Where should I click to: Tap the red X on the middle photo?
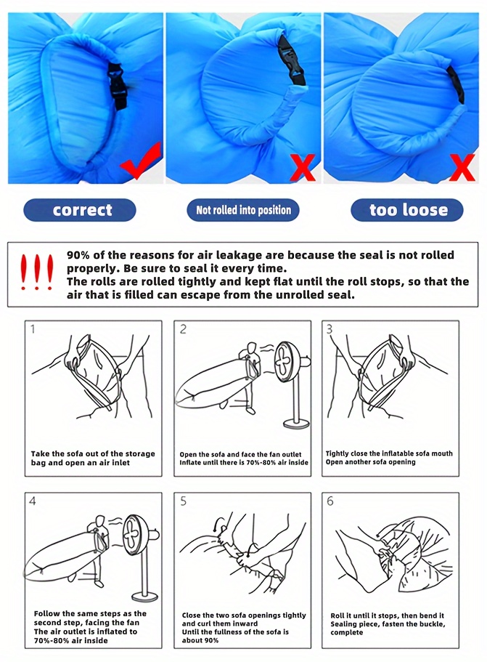(303, 168)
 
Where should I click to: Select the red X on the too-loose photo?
(462, 168)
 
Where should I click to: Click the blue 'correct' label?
(80, 210)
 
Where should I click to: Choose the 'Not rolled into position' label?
(243, 210)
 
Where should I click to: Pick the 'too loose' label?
(407, 210)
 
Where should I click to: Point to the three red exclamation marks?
(37, 272)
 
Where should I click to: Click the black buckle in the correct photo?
(118, 86)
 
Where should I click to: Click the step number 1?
(33, 329)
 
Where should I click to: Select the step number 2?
(183, 329)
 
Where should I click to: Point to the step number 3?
(330, 329)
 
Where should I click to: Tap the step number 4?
(33, 501)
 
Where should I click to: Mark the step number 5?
(183, 501)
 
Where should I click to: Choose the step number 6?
(330, 501)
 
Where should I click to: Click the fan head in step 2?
(287, 362)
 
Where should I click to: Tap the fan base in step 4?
(145, 597)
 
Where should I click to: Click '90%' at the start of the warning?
(78, 255)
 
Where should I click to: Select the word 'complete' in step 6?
(347, 632)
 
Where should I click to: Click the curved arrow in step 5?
(218, 522)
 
